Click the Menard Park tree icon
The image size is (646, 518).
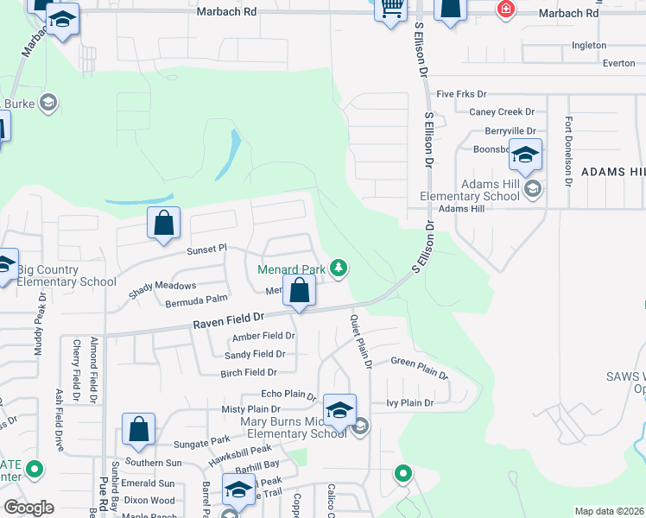pyautogui.click(x=339, y=268)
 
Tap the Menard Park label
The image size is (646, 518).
pyautogui.click(x=292, y=269)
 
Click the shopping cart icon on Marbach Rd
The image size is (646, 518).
pyautogui.click(x=393, y=9)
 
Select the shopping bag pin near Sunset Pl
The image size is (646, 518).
pyautogui.click(x=164, y=224)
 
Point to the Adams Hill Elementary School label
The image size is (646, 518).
pyautogui.click(x=478, y=190)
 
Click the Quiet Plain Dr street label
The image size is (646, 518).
pyautogui.click(x=360, y=341)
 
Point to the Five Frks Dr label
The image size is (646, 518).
pyautogui.click(x=462, y=93)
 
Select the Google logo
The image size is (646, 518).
pyautogui.click(x=28, y=508)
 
